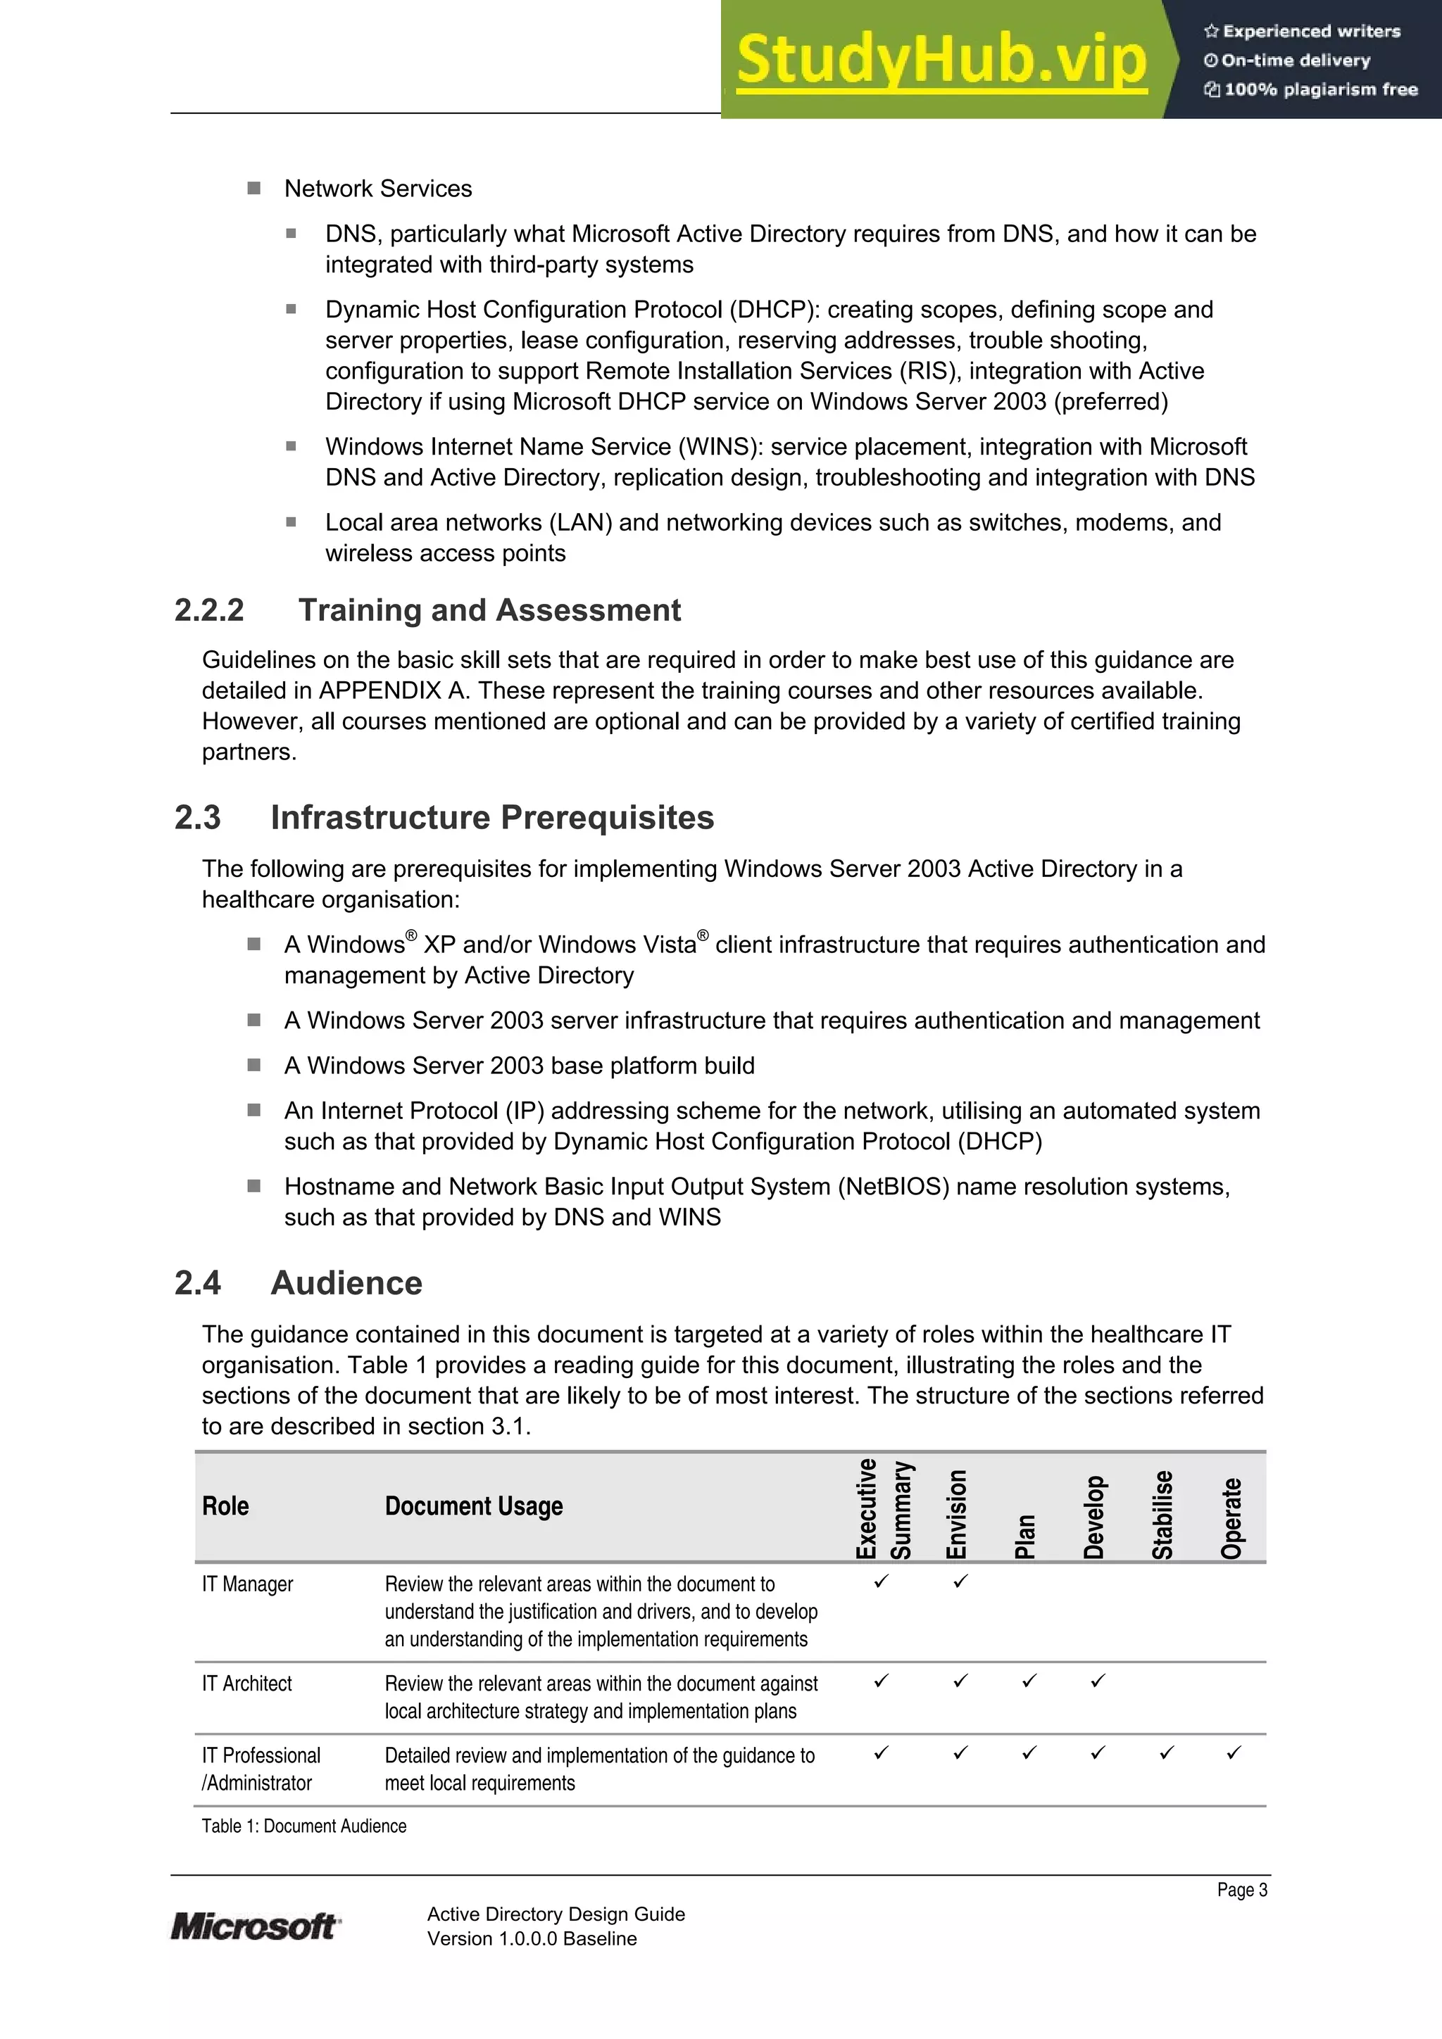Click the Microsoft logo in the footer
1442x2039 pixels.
[x=254, y=1926]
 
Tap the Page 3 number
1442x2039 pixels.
[x=1241, y=1890]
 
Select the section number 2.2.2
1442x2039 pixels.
[x=209, y=610]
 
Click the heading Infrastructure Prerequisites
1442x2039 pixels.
[x=491, y=817]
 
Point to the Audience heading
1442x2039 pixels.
[x=346, y=1282]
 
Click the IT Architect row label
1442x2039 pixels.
[x=247, y=1684]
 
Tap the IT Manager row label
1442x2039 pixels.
[x=247, y=1584]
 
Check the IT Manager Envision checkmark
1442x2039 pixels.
[x=960, y=1582]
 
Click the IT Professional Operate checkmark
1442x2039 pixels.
[x=1233, y=1753]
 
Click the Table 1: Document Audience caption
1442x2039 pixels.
[x=304, y=1826]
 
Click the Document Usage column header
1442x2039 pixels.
[x=474, y=1506]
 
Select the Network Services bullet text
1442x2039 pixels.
[x=377, y=188]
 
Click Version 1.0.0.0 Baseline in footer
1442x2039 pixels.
[x=532, y=1938]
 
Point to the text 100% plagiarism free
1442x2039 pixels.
[x=1320, y=89]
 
